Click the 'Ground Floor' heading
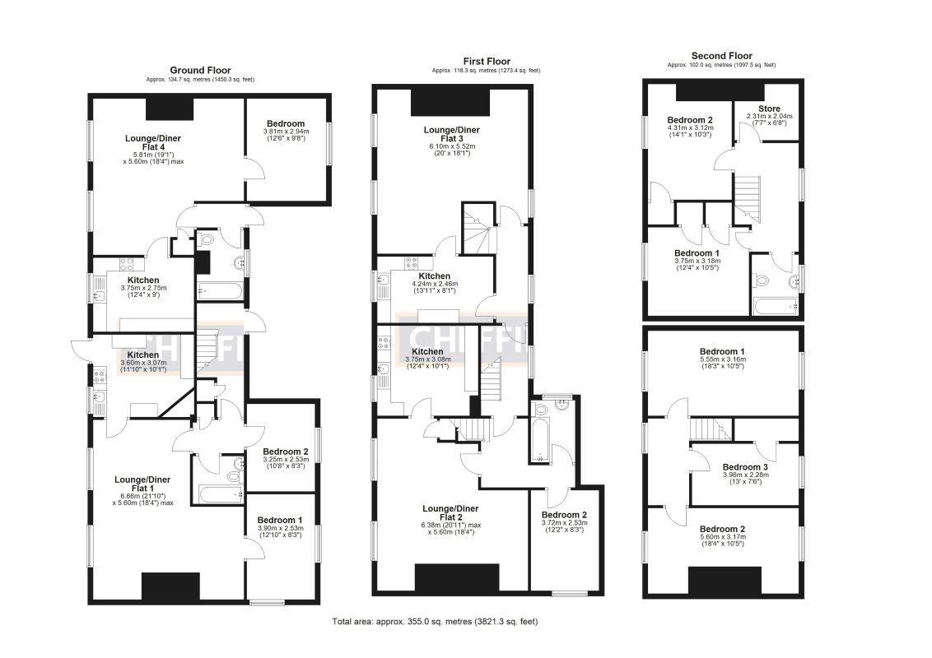tap(200, 71)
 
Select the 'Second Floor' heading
tap(720, 56)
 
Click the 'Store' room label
tap(769, 108)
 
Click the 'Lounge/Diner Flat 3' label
tap(451, 135)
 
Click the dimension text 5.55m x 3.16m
tap(720, 359)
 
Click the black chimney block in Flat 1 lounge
tap(170, 586)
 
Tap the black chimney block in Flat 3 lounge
tap(450, 103)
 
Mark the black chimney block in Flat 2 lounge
tap(456, 577)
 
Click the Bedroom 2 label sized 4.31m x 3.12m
tap(689, 120)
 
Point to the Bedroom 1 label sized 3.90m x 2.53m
tap(280, 520)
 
